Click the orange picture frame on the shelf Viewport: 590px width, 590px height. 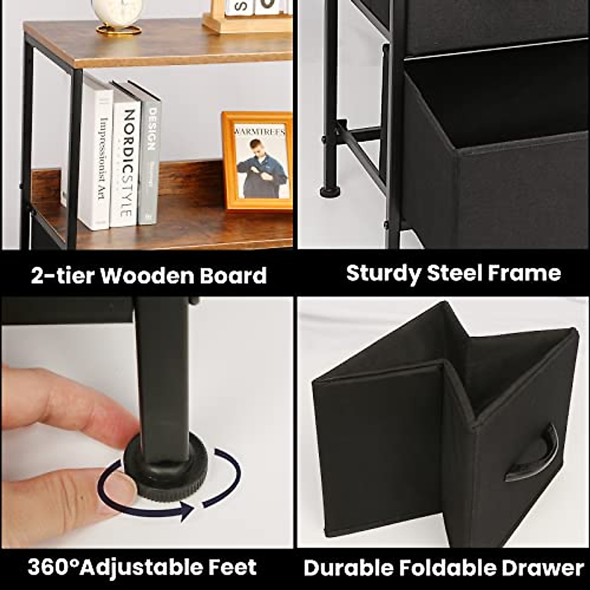coord(257,161)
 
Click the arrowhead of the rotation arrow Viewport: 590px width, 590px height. coord(187,511)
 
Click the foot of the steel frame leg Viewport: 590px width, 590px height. coord(330,191)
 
